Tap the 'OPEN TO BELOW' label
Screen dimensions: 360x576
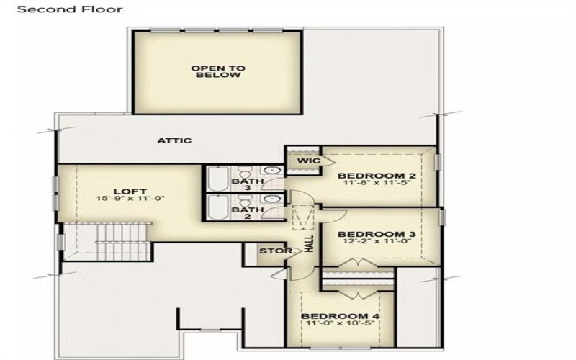218,71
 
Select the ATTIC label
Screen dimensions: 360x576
175,140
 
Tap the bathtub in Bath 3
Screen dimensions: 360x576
218,178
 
